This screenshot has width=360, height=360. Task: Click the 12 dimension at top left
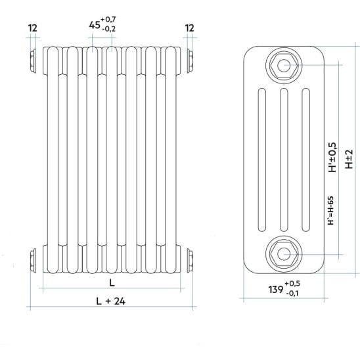pos(32,28)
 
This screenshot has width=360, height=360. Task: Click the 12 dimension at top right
pos(189,28)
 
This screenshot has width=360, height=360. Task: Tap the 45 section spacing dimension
pos(95,25)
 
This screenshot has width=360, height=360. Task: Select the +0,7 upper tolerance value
pos(108,19)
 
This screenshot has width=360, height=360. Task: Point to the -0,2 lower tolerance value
pos(108,29)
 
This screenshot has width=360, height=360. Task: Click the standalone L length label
pos(112,282)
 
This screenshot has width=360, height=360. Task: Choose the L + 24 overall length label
pos(110,301)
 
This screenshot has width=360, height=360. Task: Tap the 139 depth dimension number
pos(276,290)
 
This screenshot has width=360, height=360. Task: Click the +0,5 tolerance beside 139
pos(292,284)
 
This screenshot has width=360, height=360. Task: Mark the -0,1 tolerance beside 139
pos(292,293)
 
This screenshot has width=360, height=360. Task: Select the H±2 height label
pos(349,159)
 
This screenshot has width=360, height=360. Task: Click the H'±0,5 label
pos(332,157)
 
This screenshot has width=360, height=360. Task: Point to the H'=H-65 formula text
pos(330,210)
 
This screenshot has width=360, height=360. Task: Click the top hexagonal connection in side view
pos(284,66)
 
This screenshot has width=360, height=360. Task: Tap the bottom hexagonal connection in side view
pos(284,254)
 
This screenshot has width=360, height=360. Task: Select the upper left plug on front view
pos(33,61)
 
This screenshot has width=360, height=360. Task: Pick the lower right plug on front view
pos(190,261)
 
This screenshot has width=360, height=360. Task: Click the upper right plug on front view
pos(190,61)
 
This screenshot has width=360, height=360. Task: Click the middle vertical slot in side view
pos(284,160)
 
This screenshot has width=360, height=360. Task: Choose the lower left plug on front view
pos(33,261)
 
